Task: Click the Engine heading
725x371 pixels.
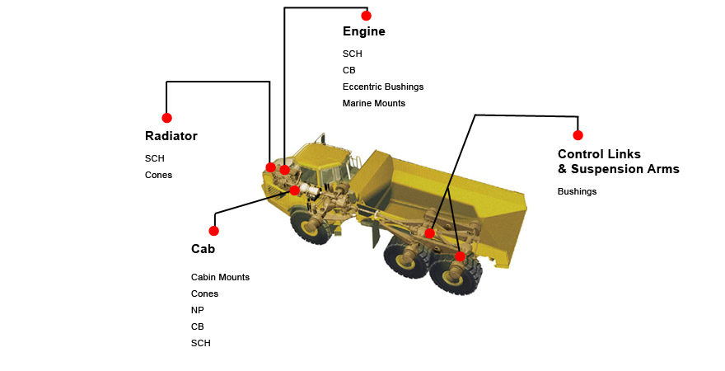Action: pos(363,32)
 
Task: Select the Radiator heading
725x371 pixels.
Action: pos(171,136)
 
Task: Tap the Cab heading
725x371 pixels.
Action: pos(203,249)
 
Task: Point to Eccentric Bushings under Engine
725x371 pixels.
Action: pos(382,87)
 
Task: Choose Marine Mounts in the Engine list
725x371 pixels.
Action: pos(373,103)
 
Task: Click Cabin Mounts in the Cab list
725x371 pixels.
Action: pos(220,277)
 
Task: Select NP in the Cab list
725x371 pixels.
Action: pos(197,310)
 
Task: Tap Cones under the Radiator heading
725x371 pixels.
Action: pos(158,175)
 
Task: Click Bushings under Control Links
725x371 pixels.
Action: pos(577,191)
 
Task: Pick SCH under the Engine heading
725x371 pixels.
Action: pos(352,54)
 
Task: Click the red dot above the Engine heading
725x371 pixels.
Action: pos(366,16)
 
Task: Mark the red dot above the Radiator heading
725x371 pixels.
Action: pos(166,118)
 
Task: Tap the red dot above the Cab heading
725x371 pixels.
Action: pos(213,231)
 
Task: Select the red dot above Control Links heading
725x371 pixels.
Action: pos(578,135)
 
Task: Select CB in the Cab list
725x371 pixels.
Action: pos(197,326)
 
